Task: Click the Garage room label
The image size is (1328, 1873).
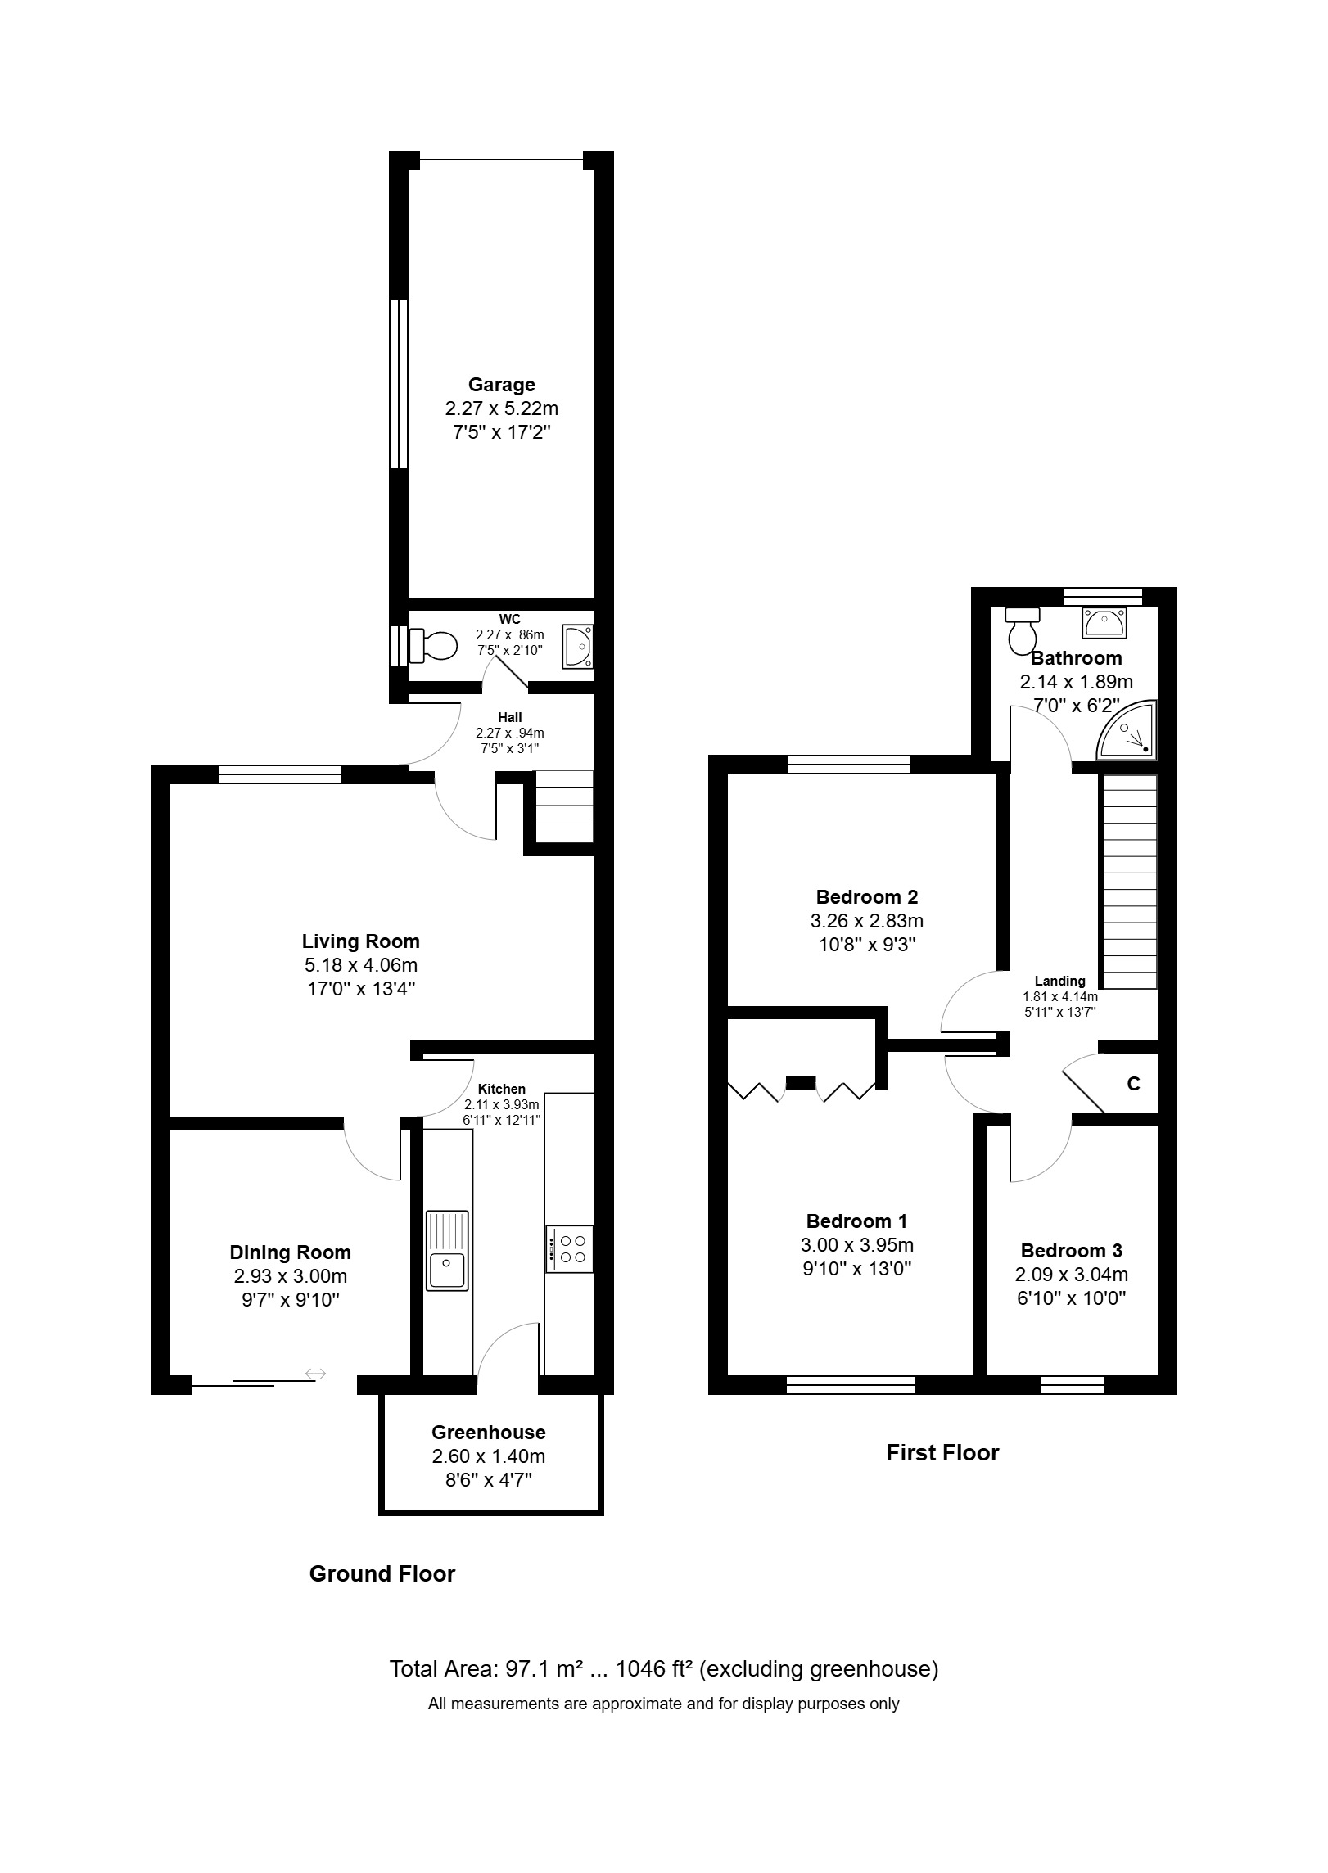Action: pos(501,385)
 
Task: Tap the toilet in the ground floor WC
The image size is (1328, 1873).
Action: pos(432,645)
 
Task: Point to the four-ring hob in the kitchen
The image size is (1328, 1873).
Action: pos(570,1248)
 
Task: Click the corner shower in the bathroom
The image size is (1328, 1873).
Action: pos(1127,729)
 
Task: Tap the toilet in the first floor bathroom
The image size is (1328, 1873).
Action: pos(1022,630)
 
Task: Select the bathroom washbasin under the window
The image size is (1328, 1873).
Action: pos(1104,622)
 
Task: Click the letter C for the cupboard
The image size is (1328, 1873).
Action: pos(1133,1084)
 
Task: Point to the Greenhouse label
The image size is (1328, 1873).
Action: pos(488,1433)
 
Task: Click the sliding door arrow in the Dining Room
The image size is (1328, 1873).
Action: pos(315,1374)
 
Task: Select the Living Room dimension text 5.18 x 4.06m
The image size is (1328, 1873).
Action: pos(360,965)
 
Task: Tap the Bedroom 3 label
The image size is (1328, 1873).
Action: pos(1071,1251)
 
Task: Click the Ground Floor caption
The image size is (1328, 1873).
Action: pos(382,1574)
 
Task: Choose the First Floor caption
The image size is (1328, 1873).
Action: pos(942,1453)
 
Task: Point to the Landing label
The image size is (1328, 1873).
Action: pos(1059,981)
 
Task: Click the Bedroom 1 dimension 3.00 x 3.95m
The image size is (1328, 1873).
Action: pos(856,1245)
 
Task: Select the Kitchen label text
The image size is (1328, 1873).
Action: pos(502,1089)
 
